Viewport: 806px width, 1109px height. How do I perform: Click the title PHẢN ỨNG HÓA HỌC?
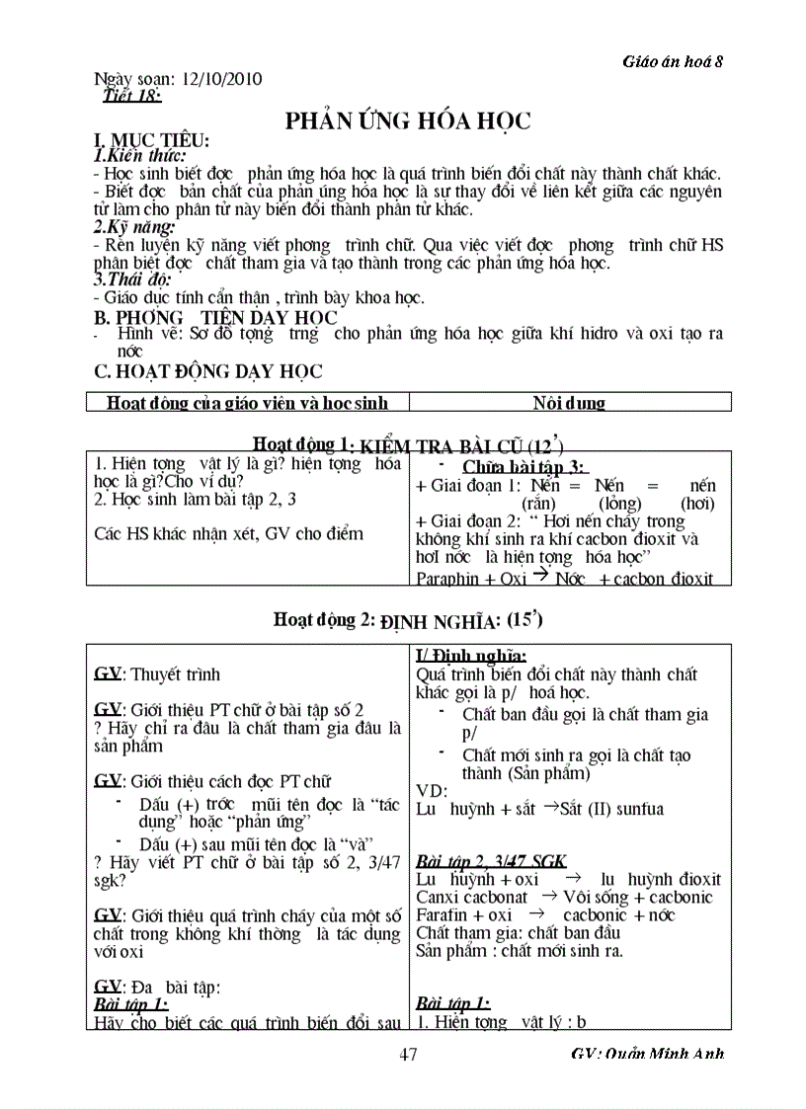(408, 120)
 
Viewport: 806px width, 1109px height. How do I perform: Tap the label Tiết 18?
(131, 95)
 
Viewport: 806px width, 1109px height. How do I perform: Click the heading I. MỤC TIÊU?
(151, 141)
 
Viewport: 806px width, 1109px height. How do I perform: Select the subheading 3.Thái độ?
(129, 279)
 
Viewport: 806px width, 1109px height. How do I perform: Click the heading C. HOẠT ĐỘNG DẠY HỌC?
(208, 371)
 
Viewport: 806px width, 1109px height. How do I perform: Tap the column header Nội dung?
(569, 402)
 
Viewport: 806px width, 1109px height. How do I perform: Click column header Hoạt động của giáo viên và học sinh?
(247, 402)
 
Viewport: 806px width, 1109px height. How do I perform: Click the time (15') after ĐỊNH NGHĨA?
(524, 620)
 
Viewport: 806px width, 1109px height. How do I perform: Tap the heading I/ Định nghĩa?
(471, 655)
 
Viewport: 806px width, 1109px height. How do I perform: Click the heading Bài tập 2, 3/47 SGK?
(491, 860)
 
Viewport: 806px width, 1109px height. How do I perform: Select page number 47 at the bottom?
(408, 1054)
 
